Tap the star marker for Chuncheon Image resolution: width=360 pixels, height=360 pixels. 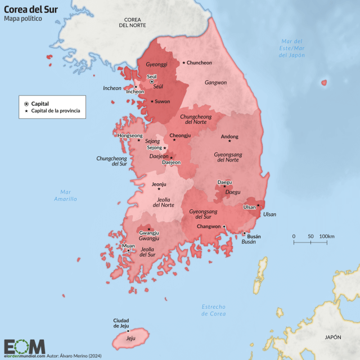pos(183,62)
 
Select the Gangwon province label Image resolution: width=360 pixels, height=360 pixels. pos(215,82)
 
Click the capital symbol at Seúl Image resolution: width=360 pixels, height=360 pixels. pos(151,82)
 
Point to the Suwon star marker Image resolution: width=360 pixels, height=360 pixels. pos(151,102)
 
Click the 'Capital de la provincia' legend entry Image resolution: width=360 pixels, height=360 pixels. pos(55,111)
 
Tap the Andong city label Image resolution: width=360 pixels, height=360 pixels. pos(229,137)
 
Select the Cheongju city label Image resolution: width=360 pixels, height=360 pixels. pos(181,136)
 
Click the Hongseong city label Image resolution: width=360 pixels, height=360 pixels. pos(130,136)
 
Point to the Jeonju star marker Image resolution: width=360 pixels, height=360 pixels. pos(159,188)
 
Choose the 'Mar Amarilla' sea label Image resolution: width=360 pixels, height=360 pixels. pos(65,196)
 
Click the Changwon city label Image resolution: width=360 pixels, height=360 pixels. pos(208,226)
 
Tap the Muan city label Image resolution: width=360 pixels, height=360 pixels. pos(128,246)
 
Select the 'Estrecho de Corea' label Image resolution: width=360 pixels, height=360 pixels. pos(214,310)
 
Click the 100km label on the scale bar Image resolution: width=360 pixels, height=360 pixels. pos(327,236)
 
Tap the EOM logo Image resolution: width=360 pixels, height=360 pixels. pos(24,346)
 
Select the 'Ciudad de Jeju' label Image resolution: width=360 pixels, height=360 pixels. pos(125,323)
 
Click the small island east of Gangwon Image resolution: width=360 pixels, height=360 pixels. pos(324,83)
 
